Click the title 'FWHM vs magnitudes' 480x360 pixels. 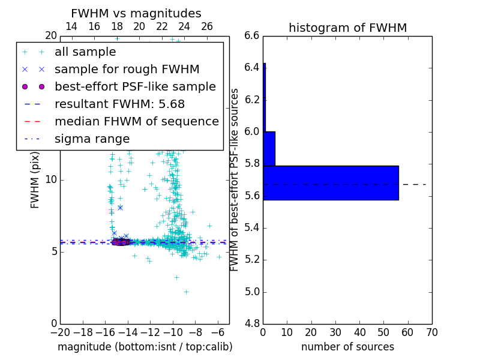[x=136, y=14]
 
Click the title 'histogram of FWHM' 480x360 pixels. [x=347, y=28]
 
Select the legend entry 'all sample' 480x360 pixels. [x=85, y=52]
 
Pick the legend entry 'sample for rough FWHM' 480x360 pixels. [x=127, y=70]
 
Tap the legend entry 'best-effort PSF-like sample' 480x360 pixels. [x=135, y=87]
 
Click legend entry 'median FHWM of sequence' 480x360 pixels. [x=136, y=122]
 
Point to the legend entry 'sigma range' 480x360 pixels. [x=92, y=139]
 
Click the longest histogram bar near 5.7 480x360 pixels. [x=331, y=182]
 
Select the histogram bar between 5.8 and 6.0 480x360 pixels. [x=269, y=148]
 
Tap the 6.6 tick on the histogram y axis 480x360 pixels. [x=252, y=35]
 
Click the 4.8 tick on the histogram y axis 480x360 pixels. [x=252, y=323]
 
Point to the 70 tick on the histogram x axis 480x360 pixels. [x=432, y=332]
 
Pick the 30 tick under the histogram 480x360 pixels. [x=335, y=332]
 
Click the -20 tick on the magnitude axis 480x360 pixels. [x=60, y=332]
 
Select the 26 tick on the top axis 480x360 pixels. [x=207, y=26]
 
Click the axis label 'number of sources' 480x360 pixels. [x=347, y=347]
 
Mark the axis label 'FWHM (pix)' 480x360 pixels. [x=35, y=180]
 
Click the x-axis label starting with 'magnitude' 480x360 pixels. [x=145, y=347]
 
